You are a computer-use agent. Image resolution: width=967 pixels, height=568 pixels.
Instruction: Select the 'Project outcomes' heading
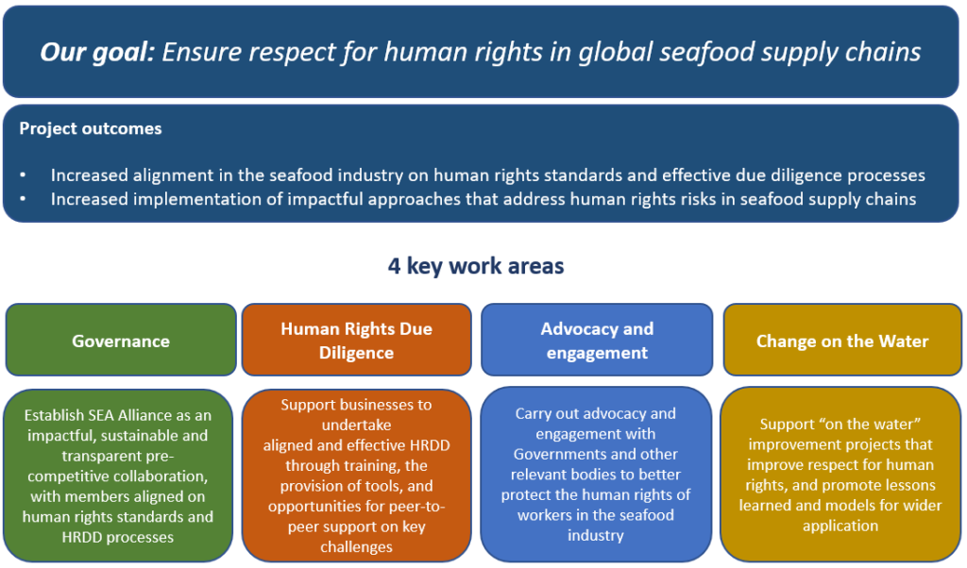tap(91, 129)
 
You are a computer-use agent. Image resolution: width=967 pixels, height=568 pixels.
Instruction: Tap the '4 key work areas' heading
tap(476, 266)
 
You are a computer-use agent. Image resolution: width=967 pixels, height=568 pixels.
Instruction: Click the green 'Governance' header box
tap(121, 341)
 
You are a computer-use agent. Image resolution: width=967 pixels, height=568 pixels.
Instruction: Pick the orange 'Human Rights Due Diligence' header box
tap(356, 341)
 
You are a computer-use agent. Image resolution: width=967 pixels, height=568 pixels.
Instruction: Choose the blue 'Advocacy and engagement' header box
tap(597, 341)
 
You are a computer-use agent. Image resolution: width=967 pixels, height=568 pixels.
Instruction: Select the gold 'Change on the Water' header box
tap(842, 341)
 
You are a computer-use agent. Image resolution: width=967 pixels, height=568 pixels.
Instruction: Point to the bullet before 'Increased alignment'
tap(24, 175)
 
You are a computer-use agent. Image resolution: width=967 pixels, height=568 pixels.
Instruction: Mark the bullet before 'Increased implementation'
tap(24, 199)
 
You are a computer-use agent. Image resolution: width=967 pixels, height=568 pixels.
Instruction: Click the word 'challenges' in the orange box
tap(356, 547)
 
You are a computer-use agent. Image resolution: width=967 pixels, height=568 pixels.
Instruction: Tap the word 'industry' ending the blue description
tap(596, 535)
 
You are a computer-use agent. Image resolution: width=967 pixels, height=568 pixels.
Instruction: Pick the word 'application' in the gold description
tap(840, 526)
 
